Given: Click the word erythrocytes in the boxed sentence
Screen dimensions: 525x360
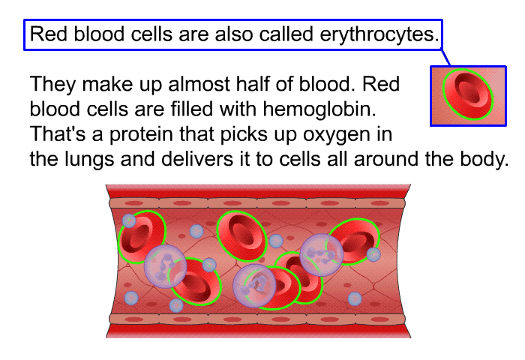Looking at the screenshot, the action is point(379,34).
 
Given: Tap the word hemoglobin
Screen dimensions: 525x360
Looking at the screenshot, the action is point(319,109).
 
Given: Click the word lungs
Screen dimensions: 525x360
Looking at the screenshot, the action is point(89,160).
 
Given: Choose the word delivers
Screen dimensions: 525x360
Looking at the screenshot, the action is point(196,159).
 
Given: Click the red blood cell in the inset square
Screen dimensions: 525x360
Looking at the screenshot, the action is point(468,94).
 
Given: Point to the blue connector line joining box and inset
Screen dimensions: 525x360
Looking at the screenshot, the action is point(446,58).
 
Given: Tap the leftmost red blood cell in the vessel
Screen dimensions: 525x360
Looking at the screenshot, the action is point(142,237).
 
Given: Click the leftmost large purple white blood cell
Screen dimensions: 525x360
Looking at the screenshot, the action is point(166,266).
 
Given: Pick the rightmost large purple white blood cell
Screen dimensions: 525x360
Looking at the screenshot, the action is point(322,255).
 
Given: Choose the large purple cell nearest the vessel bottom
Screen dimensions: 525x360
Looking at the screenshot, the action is point(254,285).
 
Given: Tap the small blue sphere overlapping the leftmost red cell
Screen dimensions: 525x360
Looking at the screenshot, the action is point(129,220).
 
